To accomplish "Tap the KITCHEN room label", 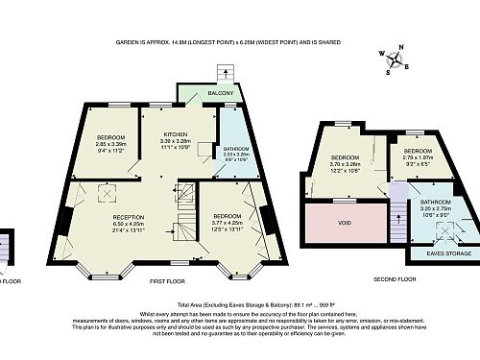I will tap(175, 133).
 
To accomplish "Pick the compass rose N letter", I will tap(401, 48).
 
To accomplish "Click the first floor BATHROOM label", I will tap(235, 149).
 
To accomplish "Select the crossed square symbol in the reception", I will tap(105, 193).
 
